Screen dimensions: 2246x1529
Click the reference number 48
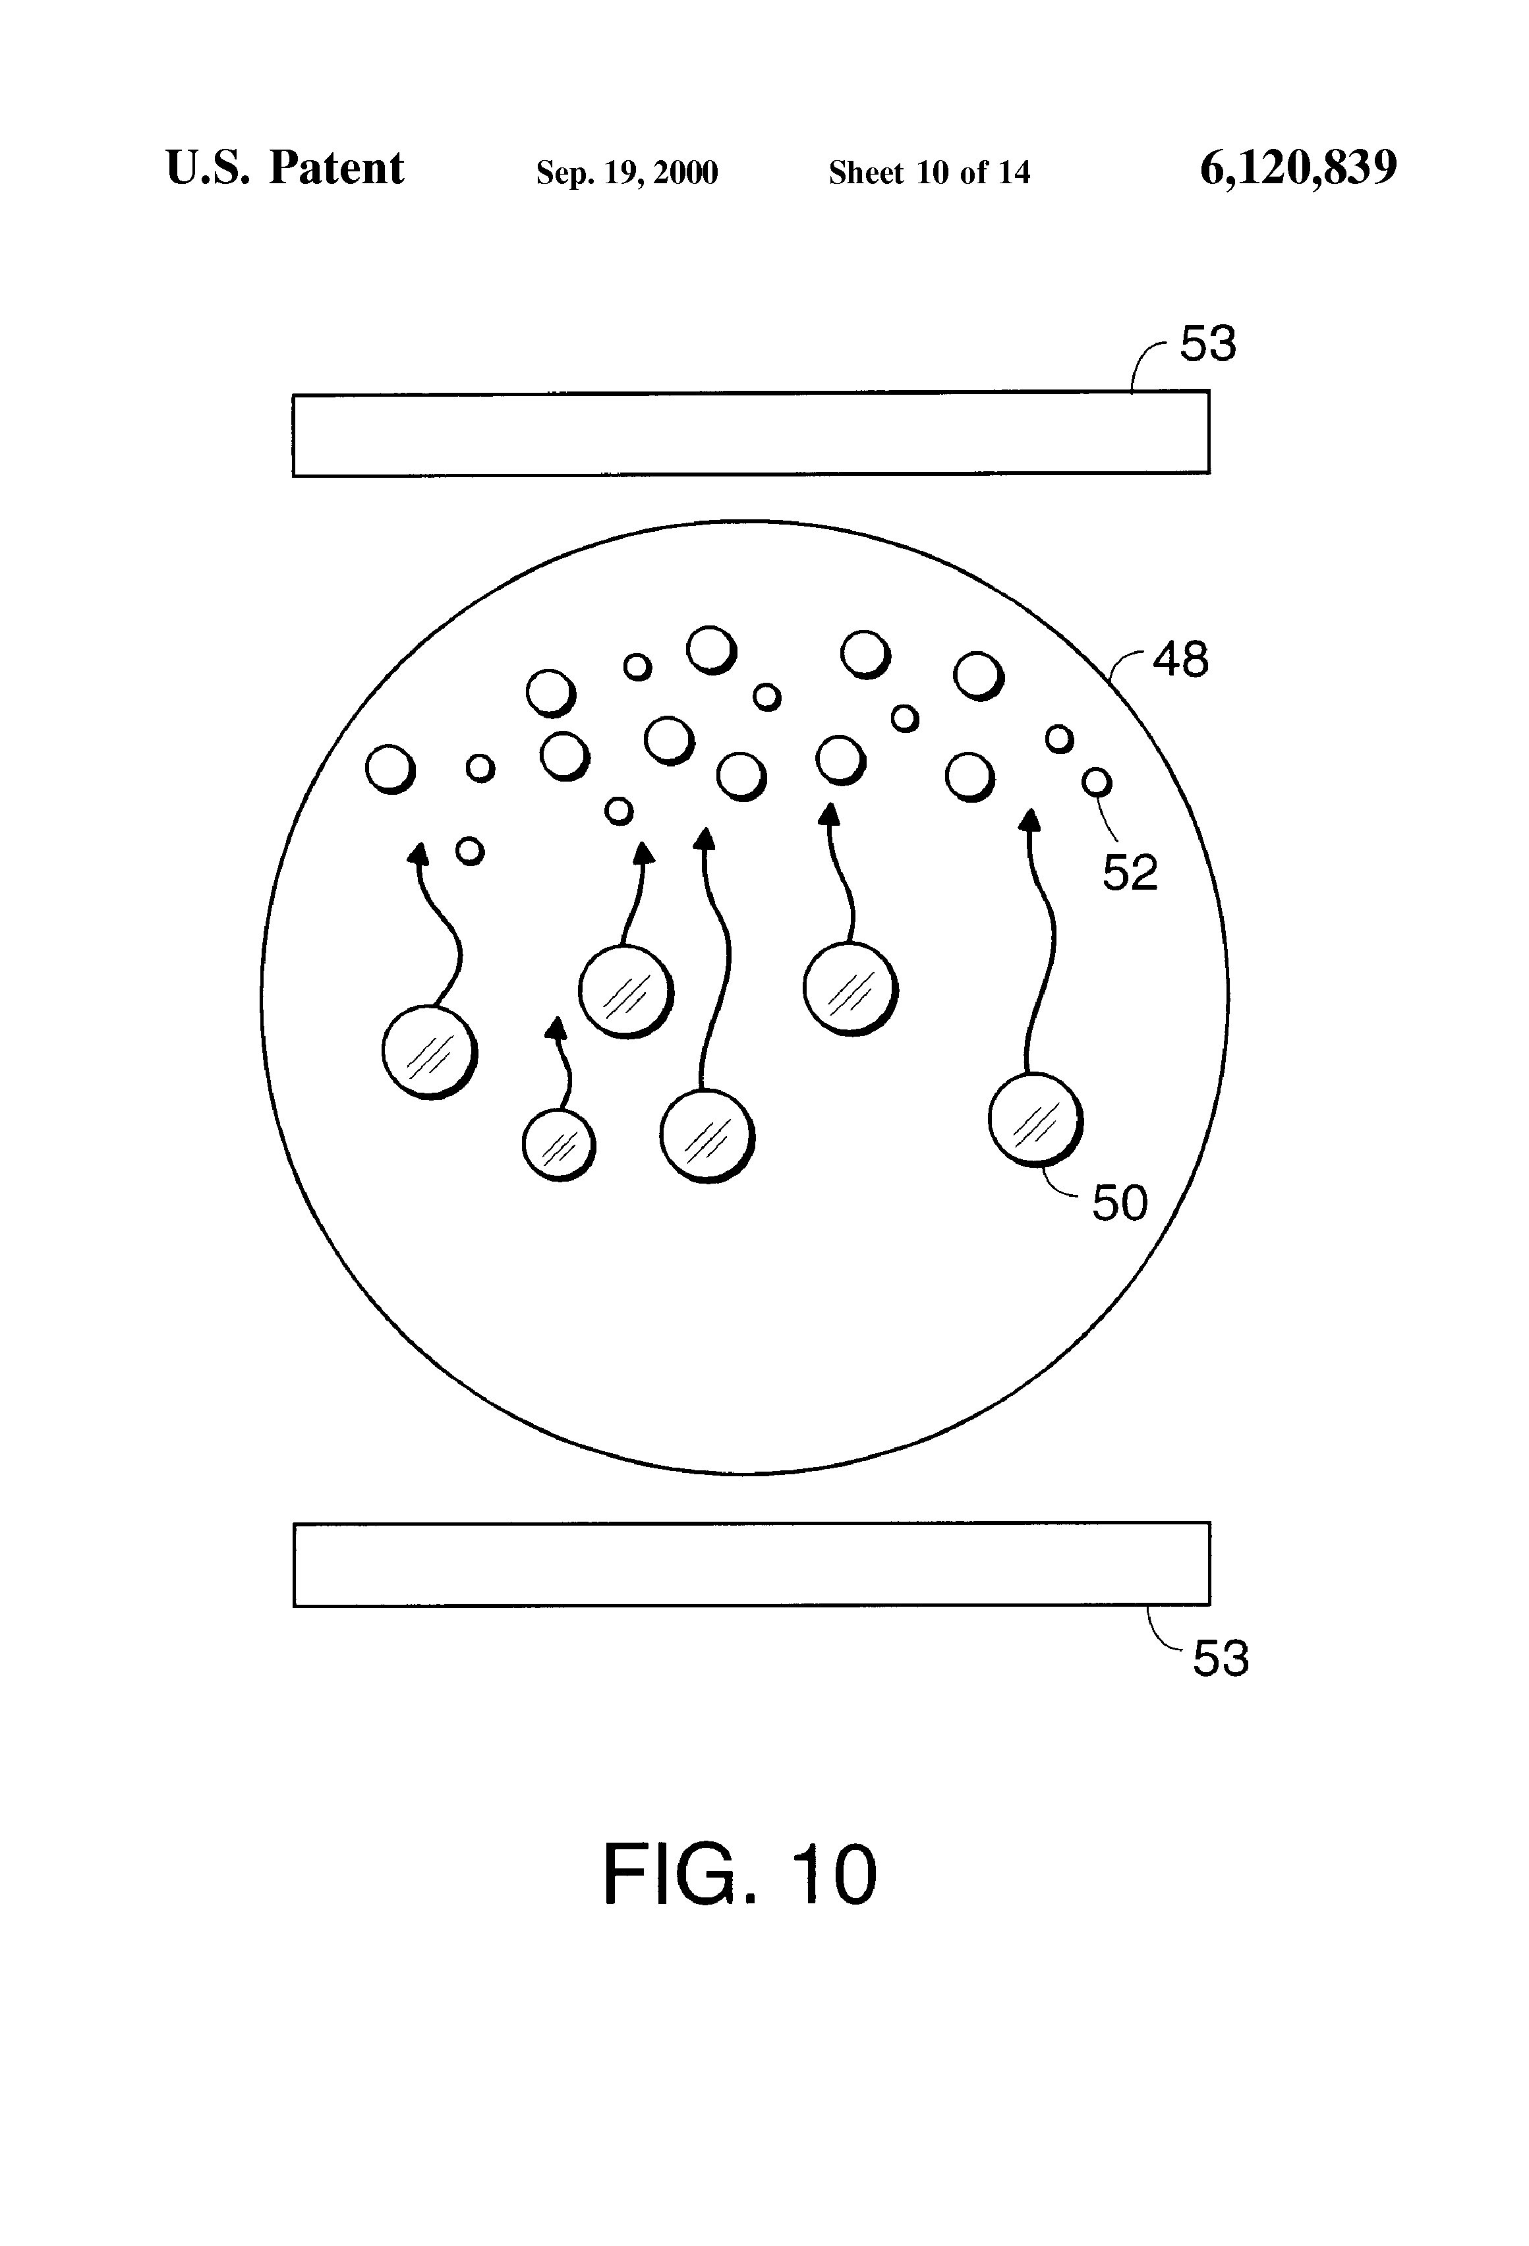[x=1180, y=660]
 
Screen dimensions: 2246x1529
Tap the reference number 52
[x=1130, y=873]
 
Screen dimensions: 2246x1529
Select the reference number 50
[x=1119, y=1203]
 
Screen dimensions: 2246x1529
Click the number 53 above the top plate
[x=1208, y=344]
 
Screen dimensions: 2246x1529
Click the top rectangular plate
[x=750, y=434]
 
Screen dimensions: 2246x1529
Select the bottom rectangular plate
[x=751, y=1565]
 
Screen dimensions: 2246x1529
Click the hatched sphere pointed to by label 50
[x=1034, y=1120]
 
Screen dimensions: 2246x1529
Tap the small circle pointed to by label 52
[x=1096, y=782]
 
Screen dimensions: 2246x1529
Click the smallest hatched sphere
[x=559, y=1145]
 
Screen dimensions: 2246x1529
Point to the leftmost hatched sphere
[x=429, y=1052]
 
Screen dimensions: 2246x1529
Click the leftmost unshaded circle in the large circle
[x=390, y=769]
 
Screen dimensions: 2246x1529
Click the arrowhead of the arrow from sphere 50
[x=1030, y=821]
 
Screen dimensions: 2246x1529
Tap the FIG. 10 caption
[x=739, y=1875]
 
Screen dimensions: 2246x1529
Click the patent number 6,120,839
[x=1298, y=168]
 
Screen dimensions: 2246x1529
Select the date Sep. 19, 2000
[x=626, y=173]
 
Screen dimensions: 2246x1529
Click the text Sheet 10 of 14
[x=929, y=173]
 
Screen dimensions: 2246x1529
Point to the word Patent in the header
[x=336, y=168]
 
